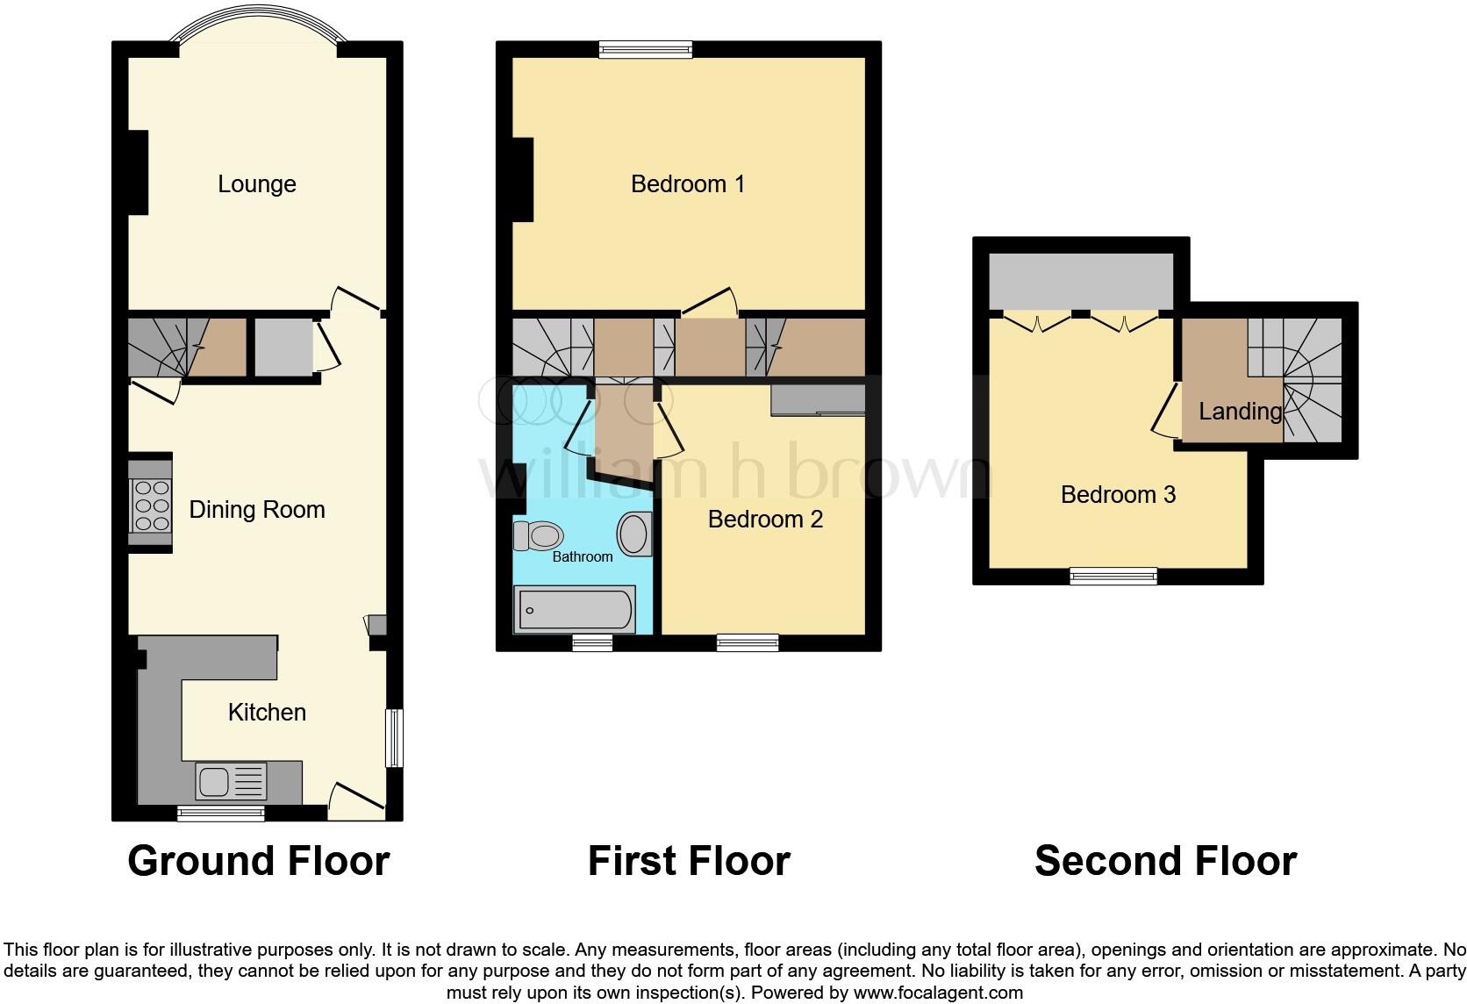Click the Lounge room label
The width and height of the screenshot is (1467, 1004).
tap(256, 184)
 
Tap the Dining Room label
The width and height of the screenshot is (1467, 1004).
tap(256, 510)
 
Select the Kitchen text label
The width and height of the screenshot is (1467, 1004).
tap(267, 712)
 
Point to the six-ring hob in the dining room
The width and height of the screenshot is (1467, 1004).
tap(149, 506)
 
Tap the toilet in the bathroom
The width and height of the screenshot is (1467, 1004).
tap(537, 534)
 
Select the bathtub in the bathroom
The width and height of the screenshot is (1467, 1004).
tap(575, 610)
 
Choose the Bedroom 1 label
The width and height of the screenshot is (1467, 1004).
tap(688, 184)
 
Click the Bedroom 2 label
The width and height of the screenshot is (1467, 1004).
tap(765, 520)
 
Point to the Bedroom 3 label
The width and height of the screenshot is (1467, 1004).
tap(1118, 495)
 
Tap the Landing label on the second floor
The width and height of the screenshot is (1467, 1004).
tap(1240, 411)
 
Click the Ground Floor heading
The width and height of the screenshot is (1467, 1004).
tap(258, 861)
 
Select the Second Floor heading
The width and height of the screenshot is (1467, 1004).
tap(1165, 861)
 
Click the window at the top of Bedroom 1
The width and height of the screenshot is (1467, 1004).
tap(646, 49)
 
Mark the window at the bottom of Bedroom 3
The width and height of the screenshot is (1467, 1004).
tap(1113, 576)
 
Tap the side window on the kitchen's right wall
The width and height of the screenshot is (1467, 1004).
tap(395, 738)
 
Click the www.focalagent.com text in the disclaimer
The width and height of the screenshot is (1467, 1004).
tap(938, 993)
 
